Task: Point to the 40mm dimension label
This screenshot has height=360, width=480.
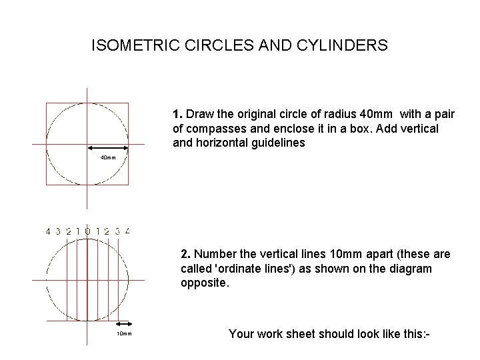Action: pyautogui.click(x=107, y=158)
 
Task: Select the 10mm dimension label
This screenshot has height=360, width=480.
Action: pyautogui.click(x=125, y=333)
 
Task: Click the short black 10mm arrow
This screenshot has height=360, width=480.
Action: pyautogui.click(x=125, y=327)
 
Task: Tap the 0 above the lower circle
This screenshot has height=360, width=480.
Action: pyautogui.click(x=87, y=231)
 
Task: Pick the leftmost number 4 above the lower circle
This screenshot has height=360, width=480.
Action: pyautogui.click(x=48, y=231)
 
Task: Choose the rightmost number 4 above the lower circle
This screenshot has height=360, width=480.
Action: pyautogui.click(x=127, y=231)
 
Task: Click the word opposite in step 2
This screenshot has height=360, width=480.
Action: pyautogui.click(x=204, y=283)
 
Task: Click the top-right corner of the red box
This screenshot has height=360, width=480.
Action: pyautogui.click(x=128, y=103)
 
